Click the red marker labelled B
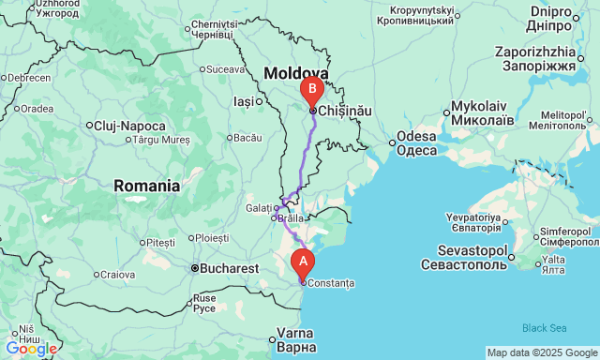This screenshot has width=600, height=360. pyautogui.click(x=311, y=91)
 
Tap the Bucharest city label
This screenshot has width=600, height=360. pyautogui.click(x=229, y=268)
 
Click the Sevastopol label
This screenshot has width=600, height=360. pyautogui.click(x=472, y=251)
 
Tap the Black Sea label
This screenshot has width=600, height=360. pyautogui.click(x=545, y=327)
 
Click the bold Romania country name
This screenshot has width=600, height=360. pyautogui.click(x=147, y=186)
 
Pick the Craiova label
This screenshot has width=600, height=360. pyautogui.click(x=118, y=275)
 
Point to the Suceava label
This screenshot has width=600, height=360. pyautogui.click(x=225, y=68)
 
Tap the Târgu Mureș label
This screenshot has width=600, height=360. pyautogui.click(x=161, y=140)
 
